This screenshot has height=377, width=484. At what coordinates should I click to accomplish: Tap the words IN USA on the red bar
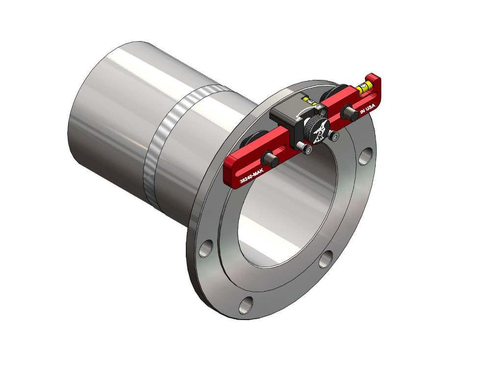pos(367,108)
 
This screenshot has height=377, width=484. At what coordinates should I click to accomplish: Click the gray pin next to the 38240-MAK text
pos(269,158)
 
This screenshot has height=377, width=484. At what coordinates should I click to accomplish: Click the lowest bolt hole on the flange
pos(245,305)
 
